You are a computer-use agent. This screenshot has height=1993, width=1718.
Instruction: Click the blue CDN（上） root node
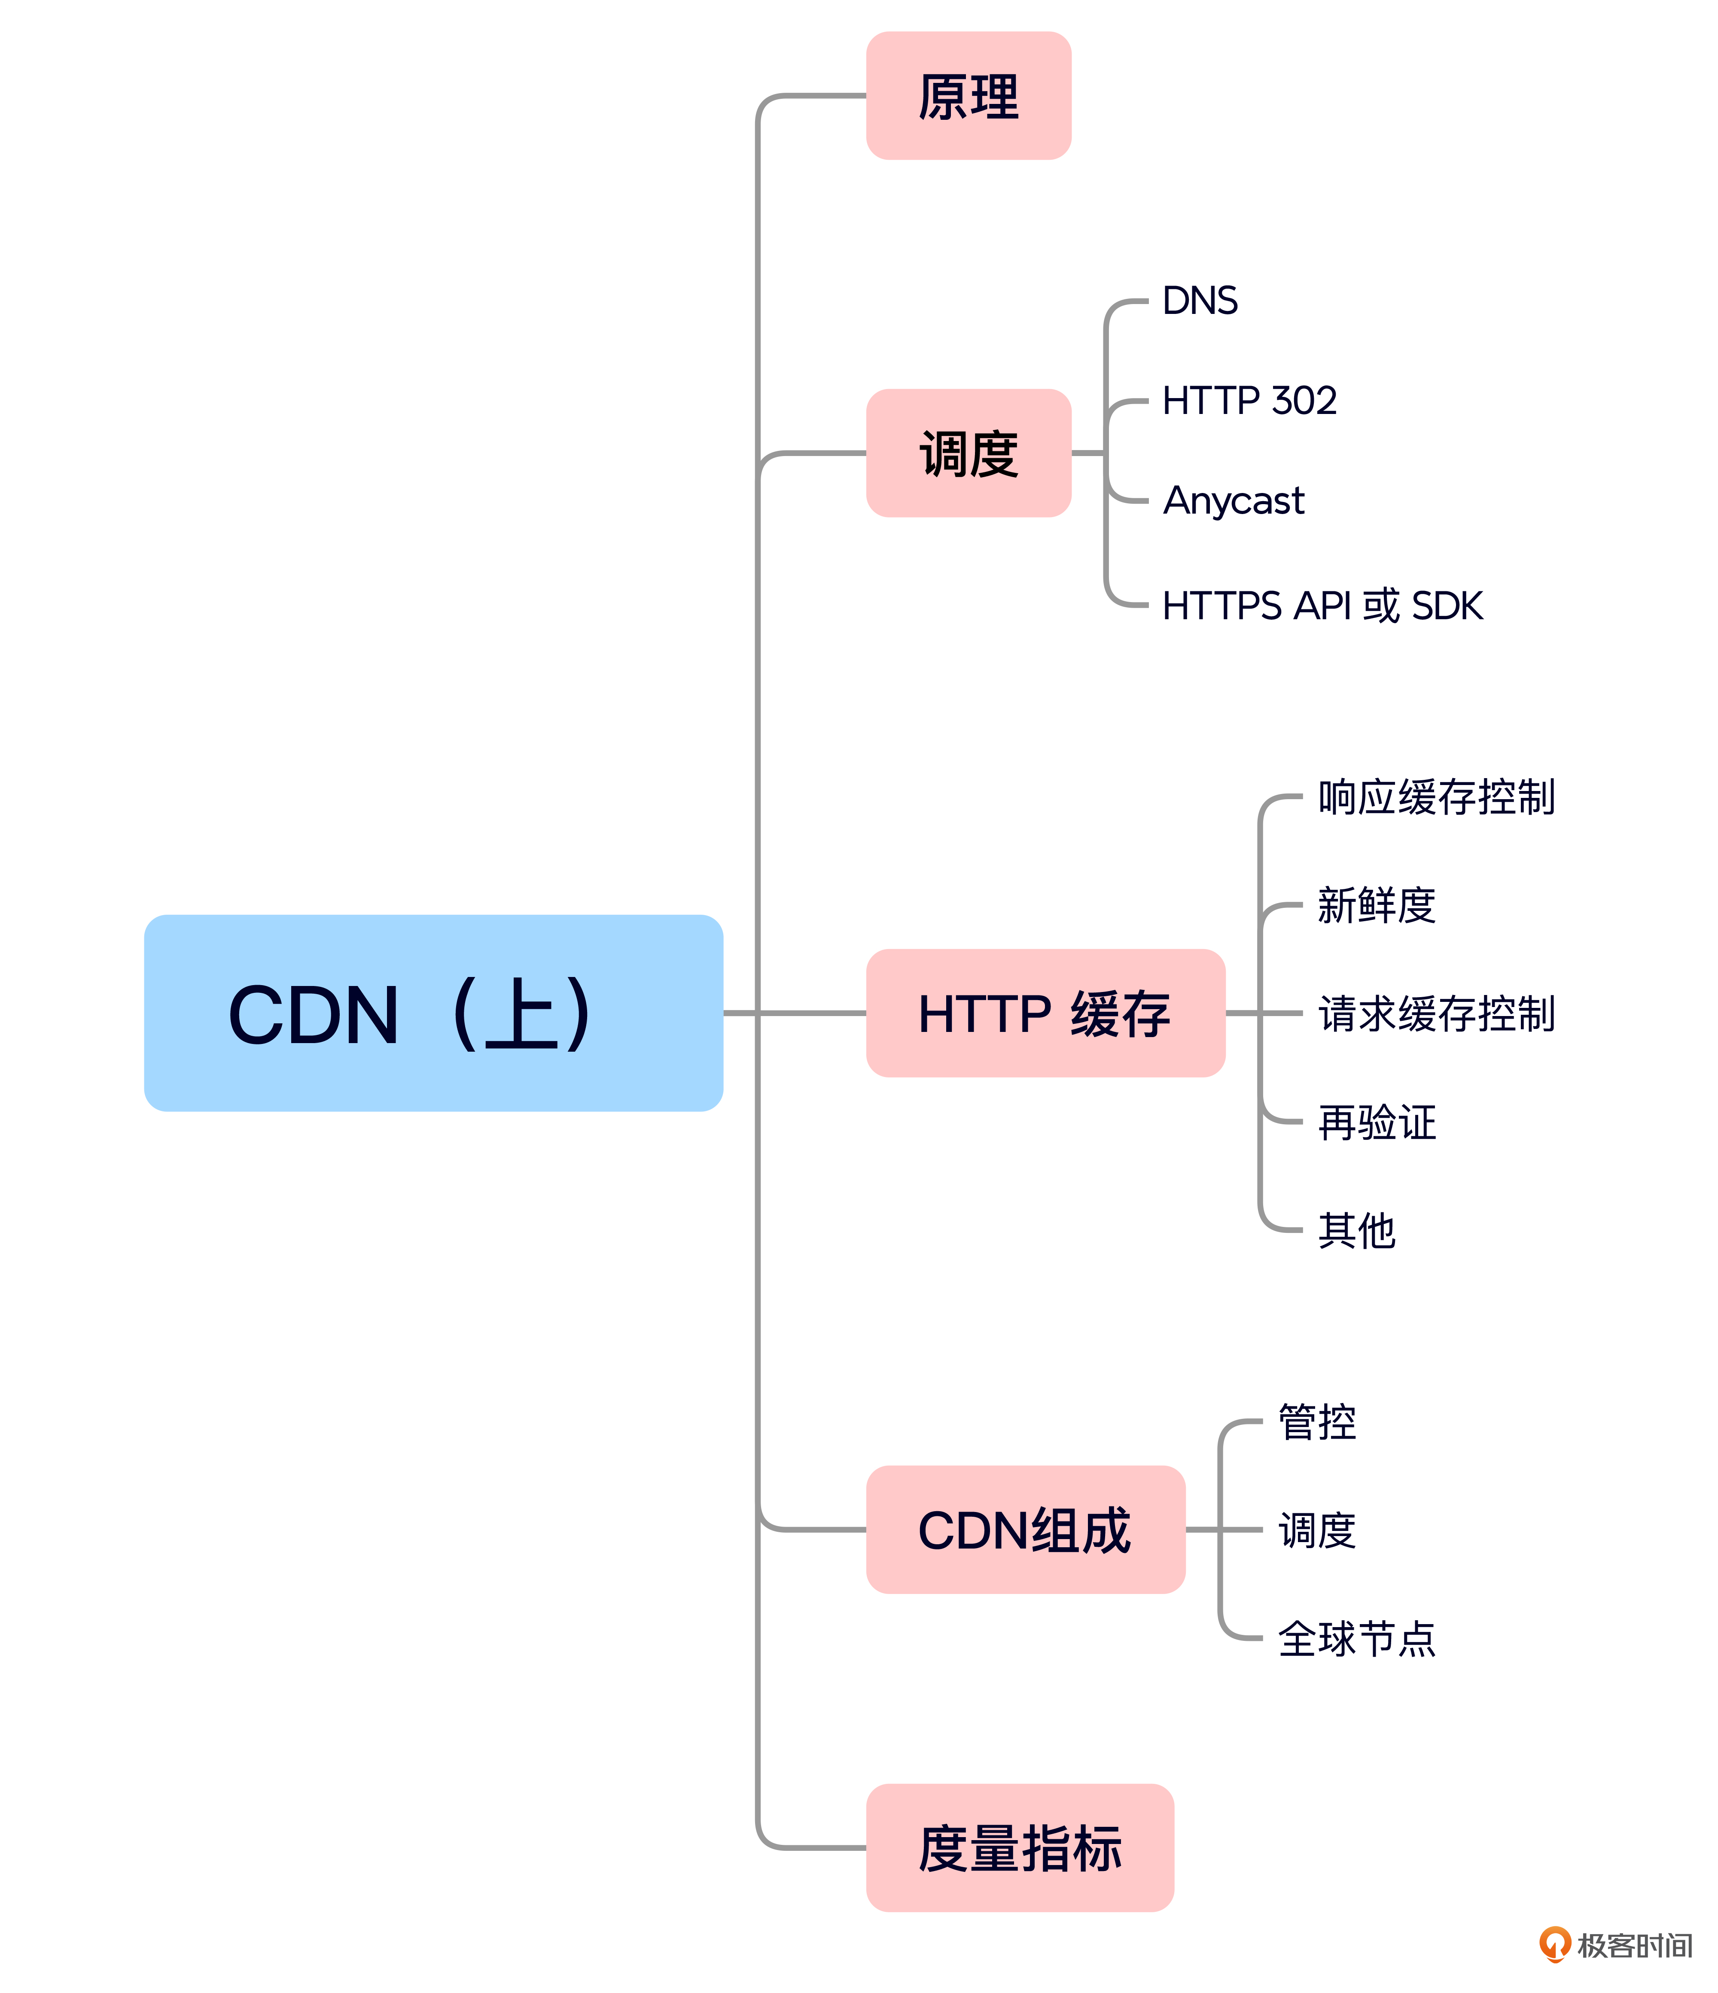click(x=433, y=1013)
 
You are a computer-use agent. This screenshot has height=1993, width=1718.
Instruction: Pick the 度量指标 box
click(x=1020, y=1848)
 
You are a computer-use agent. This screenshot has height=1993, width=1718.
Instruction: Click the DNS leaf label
click(x=1200, y=301)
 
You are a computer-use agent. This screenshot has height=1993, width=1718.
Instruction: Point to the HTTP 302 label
click(x=1249, y=400)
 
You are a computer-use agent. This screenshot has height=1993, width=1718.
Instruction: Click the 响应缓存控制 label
click(x=1436, y=797)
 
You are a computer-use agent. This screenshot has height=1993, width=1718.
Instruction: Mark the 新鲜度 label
click(x=1377, y=905)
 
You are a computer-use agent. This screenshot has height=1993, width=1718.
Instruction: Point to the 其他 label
click(x=1356, y=1230)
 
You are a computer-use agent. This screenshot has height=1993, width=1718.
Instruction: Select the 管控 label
click(x=1317, y=1422)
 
